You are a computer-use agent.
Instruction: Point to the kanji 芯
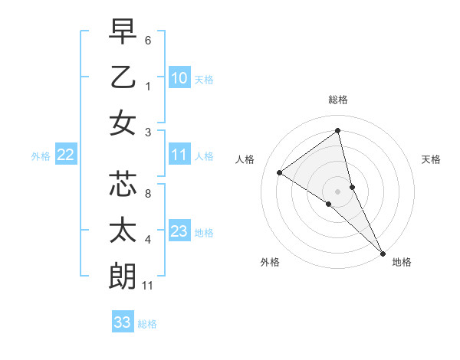click(x=123, y=185)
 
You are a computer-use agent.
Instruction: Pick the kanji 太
click(x=123, y=231)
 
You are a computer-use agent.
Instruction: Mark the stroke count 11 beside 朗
click(x=149, y=286)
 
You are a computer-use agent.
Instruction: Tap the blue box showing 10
click(x=179, y=78)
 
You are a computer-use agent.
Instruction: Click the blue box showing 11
click(x=179, y=155)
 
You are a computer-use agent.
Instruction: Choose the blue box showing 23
click(x=179, y=231)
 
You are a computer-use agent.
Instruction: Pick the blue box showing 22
click(x=65, y=155)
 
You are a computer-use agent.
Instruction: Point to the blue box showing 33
click(x=122, y=322)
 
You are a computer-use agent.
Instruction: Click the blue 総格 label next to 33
click(x=147, y=324)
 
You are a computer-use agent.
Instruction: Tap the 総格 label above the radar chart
click(x=338, y=100)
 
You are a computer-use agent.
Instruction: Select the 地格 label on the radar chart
click(x=402, y=262)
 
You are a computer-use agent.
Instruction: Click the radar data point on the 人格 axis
click(x=280, y=172)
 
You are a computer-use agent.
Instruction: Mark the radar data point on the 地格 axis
click(x=382, y=252)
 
